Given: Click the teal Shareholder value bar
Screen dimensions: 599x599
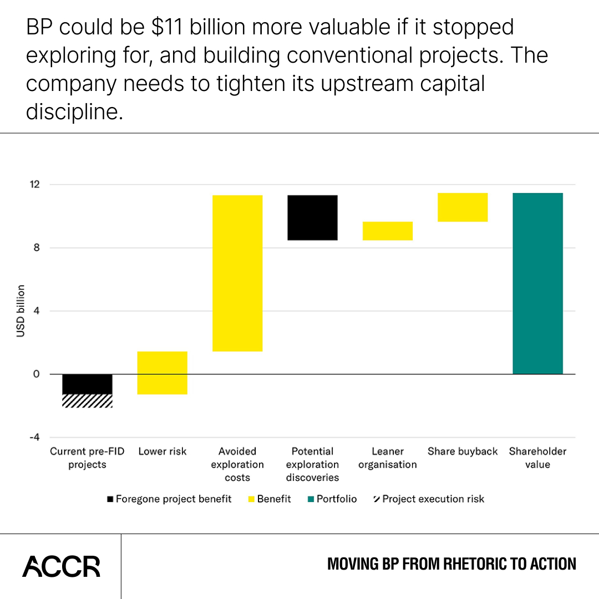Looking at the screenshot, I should tap(537, 283).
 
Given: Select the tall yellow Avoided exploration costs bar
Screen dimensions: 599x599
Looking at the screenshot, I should tap(237, 273).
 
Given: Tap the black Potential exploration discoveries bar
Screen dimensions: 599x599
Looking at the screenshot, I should tap(312, 217).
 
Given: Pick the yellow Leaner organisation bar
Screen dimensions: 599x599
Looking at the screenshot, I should tap(387, 231).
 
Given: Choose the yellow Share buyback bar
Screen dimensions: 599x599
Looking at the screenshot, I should tap(463, 207).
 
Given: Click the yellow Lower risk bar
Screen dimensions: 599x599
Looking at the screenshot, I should tap(163, 373).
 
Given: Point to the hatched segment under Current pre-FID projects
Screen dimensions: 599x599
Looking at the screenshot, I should tap(87, 401).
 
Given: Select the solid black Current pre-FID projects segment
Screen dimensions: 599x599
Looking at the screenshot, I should tap(87, 384).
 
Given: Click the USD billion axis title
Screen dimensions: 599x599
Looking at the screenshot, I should tap(21, 311).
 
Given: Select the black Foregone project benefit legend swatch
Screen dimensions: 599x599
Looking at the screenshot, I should tap(110, 499).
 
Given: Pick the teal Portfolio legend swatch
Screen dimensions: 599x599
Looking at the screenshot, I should tap(311, 499).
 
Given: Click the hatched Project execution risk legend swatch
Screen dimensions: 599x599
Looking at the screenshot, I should tap(377, 499).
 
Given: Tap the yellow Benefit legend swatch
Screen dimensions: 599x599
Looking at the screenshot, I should tap(252, 499).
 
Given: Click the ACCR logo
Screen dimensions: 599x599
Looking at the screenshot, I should tap(61, 566).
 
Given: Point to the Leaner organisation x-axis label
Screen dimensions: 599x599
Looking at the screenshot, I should tap(387, 458).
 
